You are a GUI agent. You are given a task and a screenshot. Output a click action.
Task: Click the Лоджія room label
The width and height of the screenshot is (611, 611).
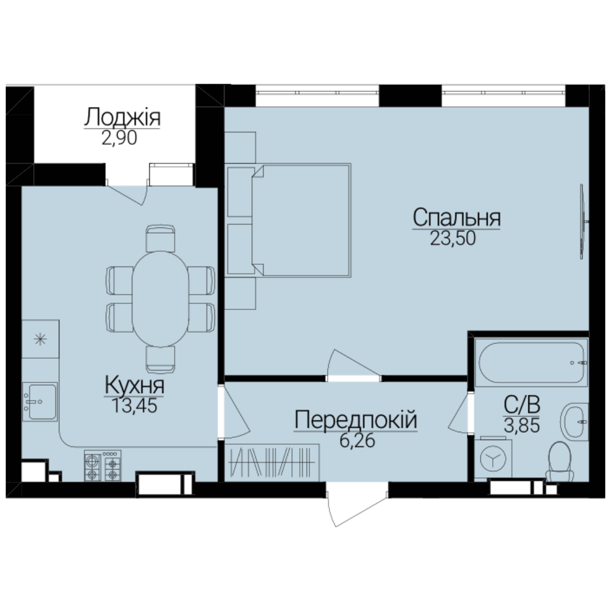(122, 118)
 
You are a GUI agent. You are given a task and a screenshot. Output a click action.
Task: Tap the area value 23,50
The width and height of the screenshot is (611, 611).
(453, 238)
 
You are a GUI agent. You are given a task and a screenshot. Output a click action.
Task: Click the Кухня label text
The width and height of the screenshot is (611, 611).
(135, 385)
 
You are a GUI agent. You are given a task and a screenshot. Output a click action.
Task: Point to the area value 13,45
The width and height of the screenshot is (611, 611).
(135, 406)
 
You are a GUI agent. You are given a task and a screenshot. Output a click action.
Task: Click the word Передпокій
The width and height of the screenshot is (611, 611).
(356, 420)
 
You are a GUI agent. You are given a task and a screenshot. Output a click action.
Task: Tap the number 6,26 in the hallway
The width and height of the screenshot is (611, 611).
(357, 440)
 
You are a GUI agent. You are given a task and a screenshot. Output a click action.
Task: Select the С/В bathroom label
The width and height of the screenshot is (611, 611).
(522, 405)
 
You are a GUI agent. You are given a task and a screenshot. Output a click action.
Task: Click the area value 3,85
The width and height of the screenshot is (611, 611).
(522, 425)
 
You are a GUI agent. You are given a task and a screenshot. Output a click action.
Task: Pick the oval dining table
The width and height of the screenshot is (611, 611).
(161, 299)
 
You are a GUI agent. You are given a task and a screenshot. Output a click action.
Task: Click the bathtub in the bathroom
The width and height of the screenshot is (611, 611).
(531, 363)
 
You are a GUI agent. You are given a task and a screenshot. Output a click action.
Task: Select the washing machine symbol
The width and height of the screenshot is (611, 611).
(493, 459)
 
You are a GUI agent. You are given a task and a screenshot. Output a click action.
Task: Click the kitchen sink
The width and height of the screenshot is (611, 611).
(40, 402)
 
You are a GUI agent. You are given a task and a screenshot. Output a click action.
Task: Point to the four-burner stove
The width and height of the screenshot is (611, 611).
(102, 466)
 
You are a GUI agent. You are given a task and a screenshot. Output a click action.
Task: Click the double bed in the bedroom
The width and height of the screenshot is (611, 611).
(301, 220)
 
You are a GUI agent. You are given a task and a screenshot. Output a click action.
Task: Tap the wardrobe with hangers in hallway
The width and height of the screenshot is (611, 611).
(272, 463)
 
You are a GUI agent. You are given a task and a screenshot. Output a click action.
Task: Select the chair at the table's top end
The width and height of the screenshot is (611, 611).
(160, 238)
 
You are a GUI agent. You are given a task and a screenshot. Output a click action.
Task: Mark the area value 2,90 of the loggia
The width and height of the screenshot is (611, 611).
(119, 139)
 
